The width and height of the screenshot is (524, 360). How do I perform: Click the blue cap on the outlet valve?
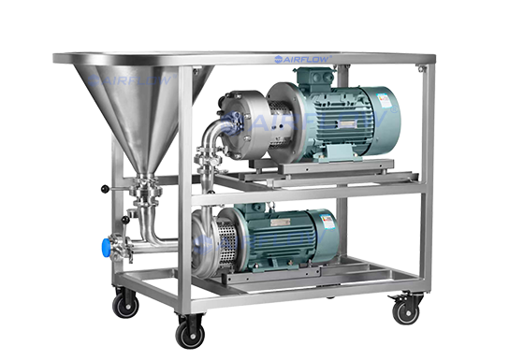point(106,248)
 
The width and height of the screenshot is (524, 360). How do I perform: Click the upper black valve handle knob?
point(105,189)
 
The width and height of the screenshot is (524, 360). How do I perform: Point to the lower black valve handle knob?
point(125,220)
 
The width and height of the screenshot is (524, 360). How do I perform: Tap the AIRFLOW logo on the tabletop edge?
point(303,59)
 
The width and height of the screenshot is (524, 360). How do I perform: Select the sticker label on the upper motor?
point(384,100)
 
